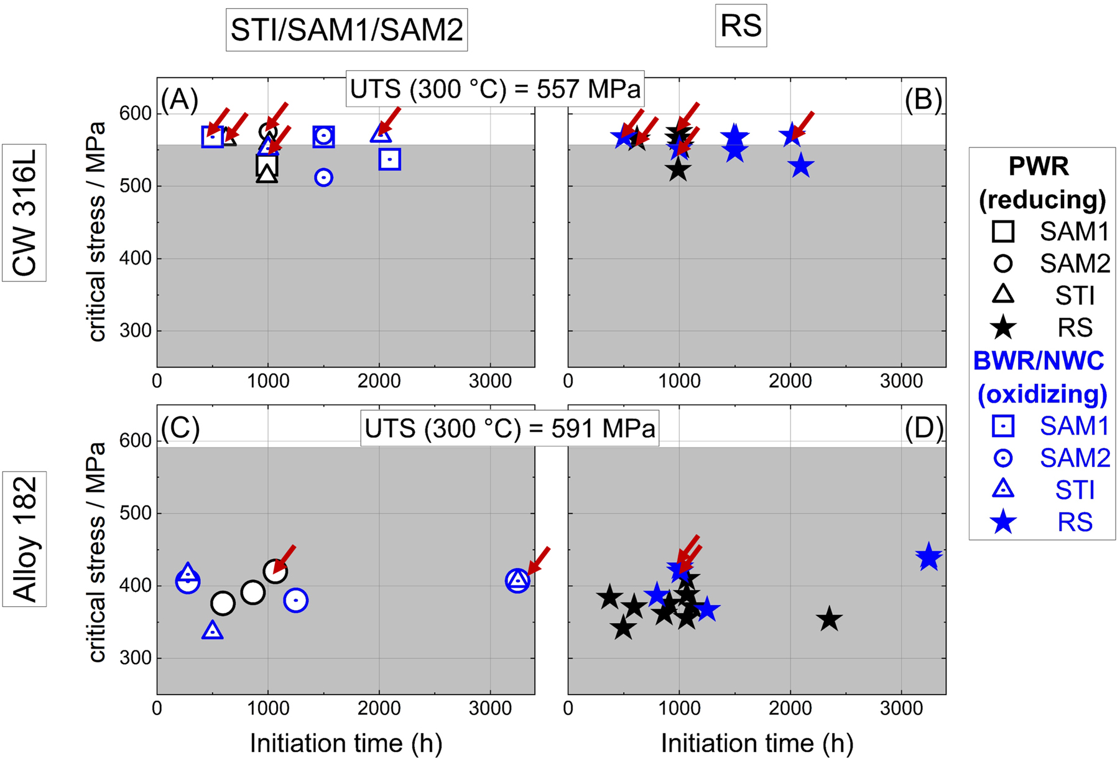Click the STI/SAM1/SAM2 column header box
[x=346, y=30]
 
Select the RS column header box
[x=741, y=26]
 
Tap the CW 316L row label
[x=24, y=213]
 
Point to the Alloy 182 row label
[x=24, y=539]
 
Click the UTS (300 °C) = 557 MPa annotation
[x=495, y=89]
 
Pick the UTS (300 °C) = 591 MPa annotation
[x=510, y=429]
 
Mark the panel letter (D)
[x=924, y=428]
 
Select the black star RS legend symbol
[x=1003, y=328]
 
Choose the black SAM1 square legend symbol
[x=1003, y=232]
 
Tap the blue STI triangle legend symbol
[x=1003, y=489]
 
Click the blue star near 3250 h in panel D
[x=929, y=556]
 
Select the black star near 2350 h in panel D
[x=829, y=619]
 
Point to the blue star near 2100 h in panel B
[x=802, y=166]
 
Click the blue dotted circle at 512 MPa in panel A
[x=323, y=177]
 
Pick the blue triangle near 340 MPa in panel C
[x=213, y=630]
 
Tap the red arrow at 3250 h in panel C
[x=539, y=560]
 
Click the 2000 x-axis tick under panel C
[x=379, y=709]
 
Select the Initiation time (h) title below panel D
[x=757, y=743]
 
